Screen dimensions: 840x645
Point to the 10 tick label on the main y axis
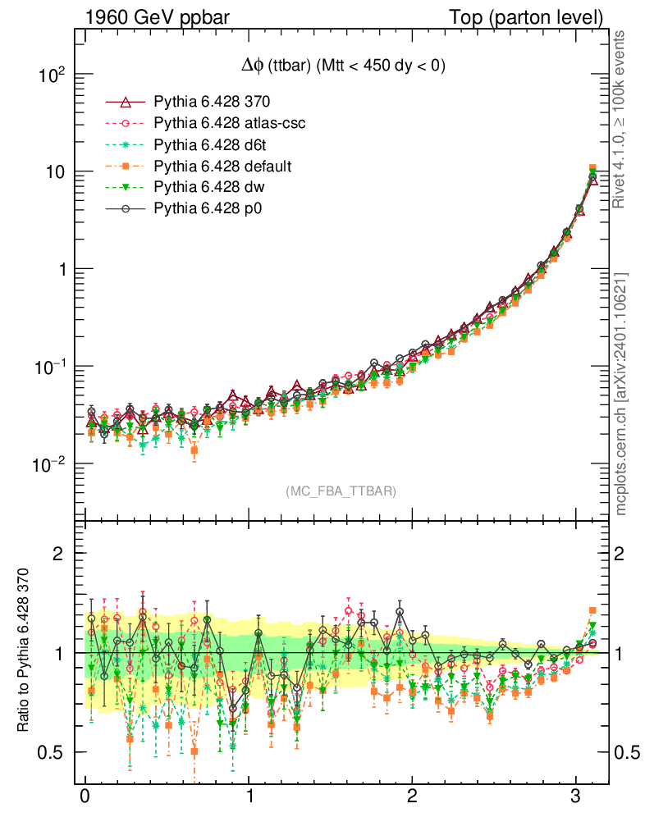(58, 172)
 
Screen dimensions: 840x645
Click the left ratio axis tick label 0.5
(53, 752)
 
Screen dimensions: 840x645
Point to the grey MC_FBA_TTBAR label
(341, 491)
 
